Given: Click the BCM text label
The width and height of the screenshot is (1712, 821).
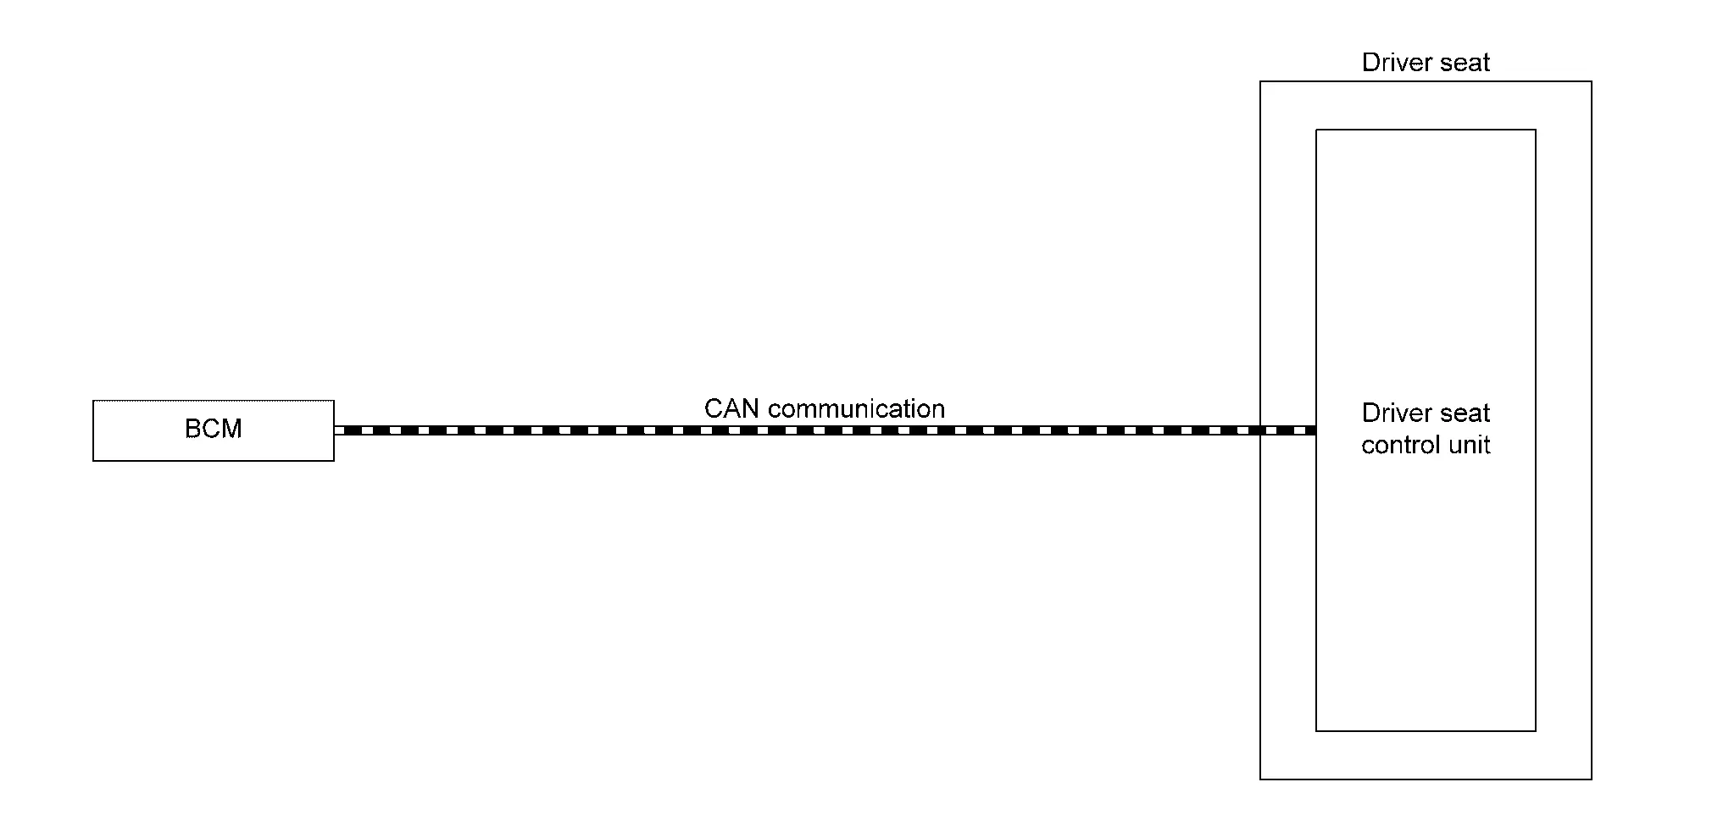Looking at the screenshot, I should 214,429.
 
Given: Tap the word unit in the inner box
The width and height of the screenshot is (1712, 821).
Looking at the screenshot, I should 1469,446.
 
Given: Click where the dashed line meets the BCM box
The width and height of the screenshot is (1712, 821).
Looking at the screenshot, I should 335,430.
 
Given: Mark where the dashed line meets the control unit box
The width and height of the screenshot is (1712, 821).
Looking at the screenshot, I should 1315,430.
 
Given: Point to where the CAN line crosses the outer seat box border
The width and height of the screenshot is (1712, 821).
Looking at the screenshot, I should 1260,430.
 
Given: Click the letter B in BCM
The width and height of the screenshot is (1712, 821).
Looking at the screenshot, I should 192,429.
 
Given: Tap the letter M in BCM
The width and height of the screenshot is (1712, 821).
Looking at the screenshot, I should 232,429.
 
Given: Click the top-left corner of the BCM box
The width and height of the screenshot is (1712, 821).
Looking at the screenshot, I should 93,401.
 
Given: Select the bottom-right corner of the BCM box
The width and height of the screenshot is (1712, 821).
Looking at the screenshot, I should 334,461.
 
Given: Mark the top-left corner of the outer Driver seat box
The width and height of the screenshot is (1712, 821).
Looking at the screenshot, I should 1260,81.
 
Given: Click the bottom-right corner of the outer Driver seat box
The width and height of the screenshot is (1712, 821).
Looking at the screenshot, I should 1592,779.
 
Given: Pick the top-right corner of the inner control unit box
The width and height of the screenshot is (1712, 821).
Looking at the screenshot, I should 1536,130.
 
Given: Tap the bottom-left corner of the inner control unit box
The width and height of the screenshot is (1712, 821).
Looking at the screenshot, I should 1316,730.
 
